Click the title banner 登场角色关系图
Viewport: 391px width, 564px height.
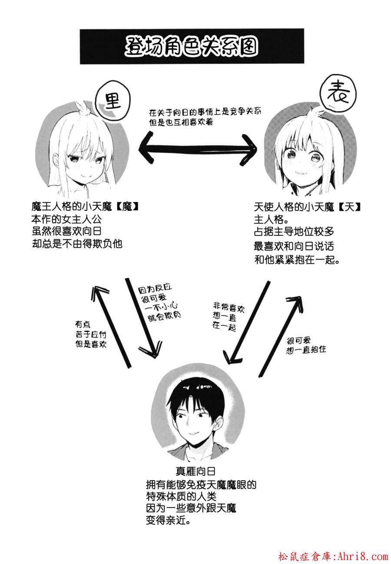(x=192, y=46)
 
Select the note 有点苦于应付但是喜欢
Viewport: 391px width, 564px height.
(x=90, y=334)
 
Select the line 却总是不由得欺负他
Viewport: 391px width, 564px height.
(x=77, y=244)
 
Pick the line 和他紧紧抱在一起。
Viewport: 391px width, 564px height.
(x=297, y=260)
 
